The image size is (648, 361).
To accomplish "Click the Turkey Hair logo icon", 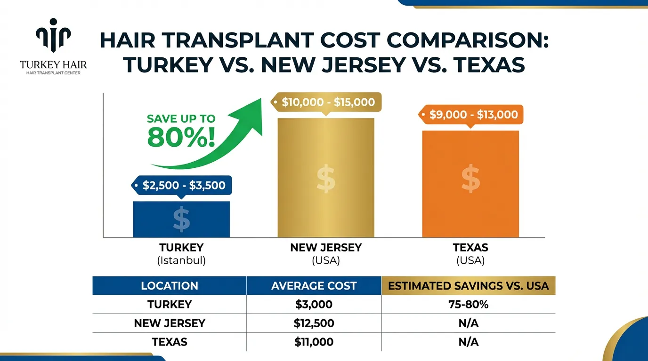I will [53, 36].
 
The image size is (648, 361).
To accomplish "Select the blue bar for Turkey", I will [181, 219].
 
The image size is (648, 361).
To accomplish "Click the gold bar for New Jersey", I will [326, 178].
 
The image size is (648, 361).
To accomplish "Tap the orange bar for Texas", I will [470, 183].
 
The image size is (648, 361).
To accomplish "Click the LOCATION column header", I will [170, 286].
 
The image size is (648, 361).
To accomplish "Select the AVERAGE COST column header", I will [314, 286].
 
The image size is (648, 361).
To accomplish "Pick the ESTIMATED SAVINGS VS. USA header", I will [468, 286].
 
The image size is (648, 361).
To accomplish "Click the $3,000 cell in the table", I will [314, 305].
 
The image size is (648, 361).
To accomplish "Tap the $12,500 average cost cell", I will [314, 323].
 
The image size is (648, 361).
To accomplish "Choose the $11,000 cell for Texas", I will [314, 342].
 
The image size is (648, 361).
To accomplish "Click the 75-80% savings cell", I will [468, 305].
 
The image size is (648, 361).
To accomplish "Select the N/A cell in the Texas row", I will [468, 342].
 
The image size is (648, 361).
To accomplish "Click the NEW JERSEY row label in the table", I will [170, 323].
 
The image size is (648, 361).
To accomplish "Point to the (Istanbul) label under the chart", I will [181, 260].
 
